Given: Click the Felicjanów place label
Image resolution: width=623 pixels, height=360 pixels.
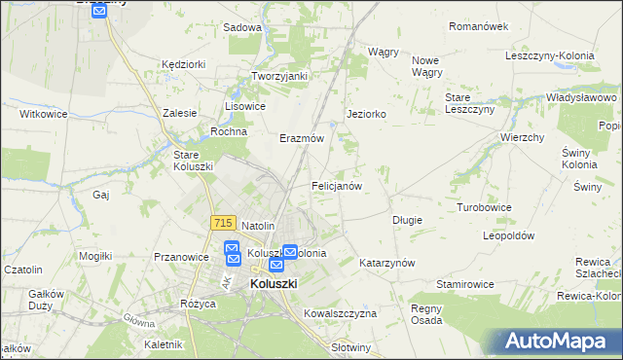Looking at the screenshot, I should [337, 185].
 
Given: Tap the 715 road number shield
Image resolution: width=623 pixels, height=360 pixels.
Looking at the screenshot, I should [221, 223].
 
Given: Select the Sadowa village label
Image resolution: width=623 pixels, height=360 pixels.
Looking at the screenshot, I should [242, 28].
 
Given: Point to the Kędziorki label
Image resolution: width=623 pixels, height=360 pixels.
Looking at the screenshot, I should [184, 64].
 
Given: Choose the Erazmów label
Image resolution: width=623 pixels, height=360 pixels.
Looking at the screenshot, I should [301, 138].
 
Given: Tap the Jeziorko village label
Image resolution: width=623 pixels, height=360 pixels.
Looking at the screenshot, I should [367, 114].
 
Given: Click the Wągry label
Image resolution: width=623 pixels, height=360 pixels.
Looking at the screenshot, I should [384, 52].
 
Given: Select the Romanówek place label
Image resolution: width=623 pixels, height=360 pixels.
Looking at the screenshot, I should [479, 26].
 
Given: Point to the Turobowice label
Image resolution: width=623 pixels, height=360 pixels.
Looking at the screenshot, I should [485, 208].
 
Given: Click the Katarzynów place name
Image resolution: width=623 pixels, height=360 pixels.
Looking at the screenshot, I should [387, 264].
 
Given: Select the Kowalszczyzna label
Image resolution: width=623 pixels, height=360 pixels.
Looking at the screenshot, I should [340, 314].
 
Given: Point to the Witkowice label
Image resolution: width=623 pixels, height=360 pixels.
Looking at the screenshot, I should [43, 114].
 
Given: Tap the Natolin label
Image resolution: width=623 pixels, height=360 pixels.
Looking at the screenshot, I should [260, 226].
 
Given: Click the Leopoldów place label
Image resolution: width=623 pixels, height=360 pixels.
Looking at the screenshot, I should [510, 236].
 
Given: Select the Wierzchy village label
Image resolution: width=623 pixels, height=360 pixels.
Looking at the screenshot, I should [522, 137].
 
